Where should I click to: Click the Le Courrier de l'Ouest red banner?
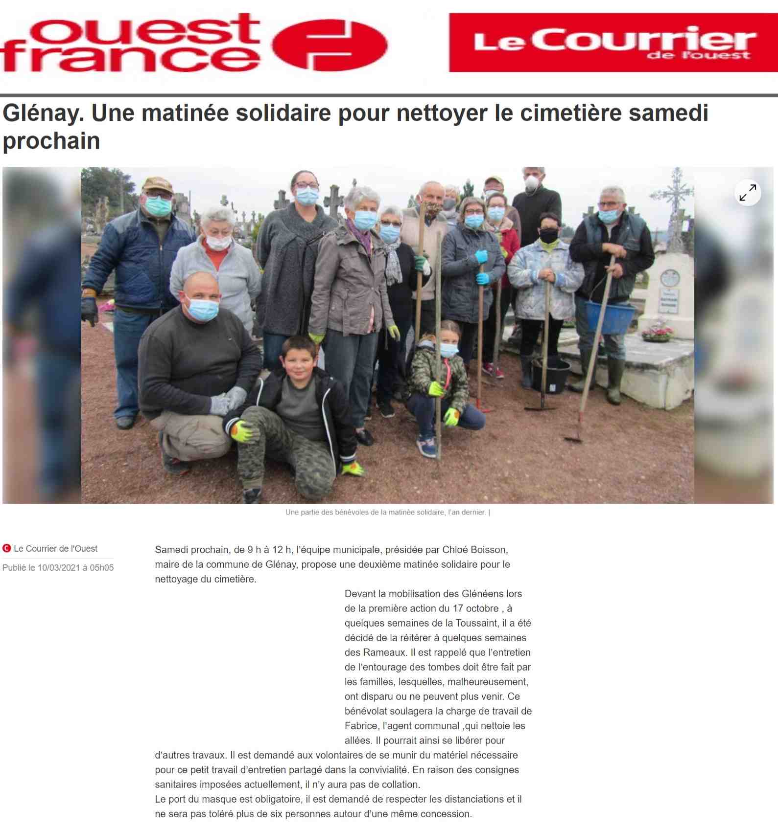click(613, 43)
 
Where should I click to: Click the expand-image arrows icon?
click(748, 193)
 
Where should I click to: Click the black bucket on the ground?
click(551, 375)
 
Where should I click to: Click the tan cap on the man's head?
click(157, 185)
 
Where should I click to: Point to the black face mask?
click(549, 236)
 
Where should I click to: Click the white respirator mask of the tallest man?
click(532, 183)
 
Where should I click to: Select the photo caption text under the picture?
click(387, 512)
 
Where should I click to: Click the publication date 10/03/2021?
click(59, 567)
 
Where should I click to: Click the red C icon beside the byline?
click(7, 548)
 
